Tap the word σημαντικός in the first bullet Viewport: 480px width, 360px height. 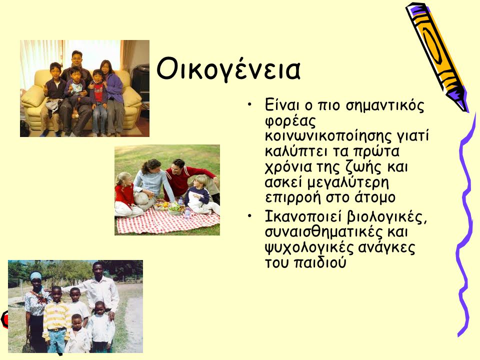(385, 106)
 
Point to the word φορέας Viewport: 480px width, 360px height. (290, 121)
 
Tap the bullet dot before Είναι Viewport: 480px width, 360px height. (250, 104)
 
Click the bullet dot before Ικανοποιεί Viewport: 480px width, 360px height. (250, 216)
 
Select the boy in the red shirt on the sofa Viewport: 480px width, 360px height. (98, 101)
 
